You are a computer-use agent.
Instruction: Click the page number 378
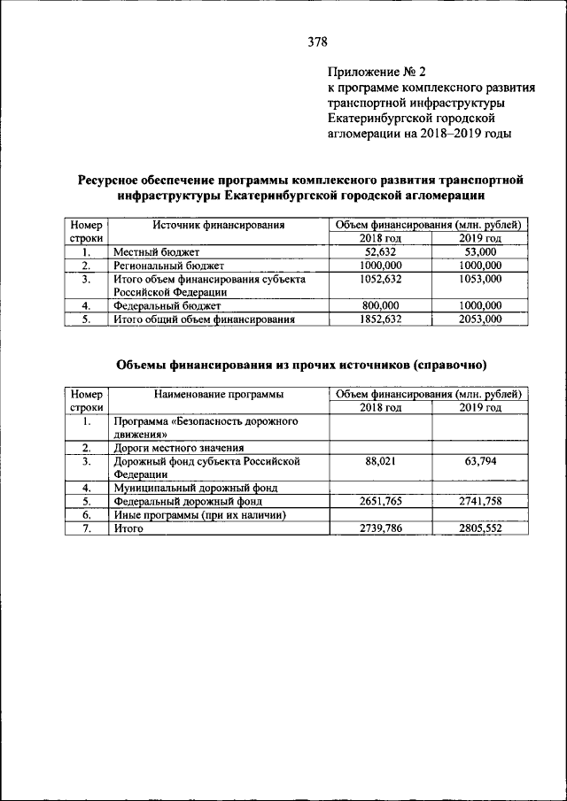pos(317,42)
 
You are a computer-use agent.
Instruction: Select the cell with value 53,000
pos(480,252)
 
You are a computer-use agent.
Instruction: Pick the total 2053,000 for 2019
pos(480,319)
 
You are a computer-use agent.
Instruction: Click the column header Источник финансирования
pos(218,225)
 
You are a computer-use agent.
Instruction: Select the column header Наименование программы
pos(218,393)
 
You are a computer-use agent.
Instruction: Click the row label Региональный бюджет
pos(168,266)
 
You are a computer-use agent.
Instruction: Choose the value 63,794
pos(480,461)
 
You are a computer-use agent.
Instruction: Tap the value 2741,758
pos(480,501)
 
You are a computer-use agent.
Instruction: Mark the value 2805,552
pos(480,528)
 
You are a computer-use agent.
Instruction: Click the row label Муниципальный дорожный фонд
pos(196,488)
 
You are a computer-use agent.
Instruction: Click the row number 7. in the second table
pos(87,528)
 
